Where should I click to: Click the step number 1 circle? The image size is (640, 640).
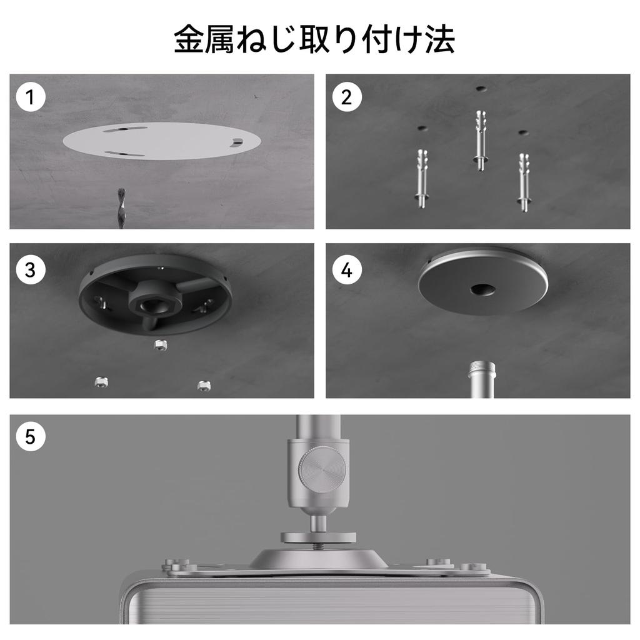click(30, 97)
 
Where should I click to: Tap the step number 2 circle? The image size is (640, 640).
click(346, 97)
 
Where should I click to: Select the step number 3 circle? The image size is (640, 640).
click(30, 270)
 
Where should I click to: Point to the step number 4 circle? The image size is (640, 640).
click(346, 270)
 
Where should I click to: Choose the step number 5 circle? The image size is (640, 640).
click(30, 437)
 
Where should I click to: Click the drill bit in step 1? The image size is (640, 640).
click(121, 208)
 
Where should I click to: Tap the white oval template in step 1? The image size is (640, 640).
click(162, 141)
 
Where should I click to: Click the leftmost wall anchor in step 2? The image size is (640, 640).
click(422, 178)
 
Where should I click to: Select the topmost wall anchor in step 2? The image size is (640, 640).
click(481, 140)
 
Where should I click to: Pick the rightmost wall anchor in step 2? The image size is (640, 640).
click(524, 182)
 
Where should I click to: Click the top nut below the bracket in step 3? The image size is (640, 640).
click(161, 346)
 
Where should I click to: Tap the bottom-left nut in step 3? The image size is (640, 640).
click(101, 382)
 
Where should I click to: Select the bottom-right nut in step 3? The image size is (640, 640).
click(204, 385)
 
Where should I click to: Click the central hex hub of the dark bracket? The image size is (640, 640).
click(155, 301)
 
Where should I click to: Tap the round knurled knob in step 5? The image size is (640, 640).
click(323, 468)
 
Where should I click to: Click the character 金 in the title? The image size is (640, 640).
click(189, 39)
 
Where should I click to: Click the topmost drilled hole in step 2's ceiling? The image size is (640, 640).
click(482, 88)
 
